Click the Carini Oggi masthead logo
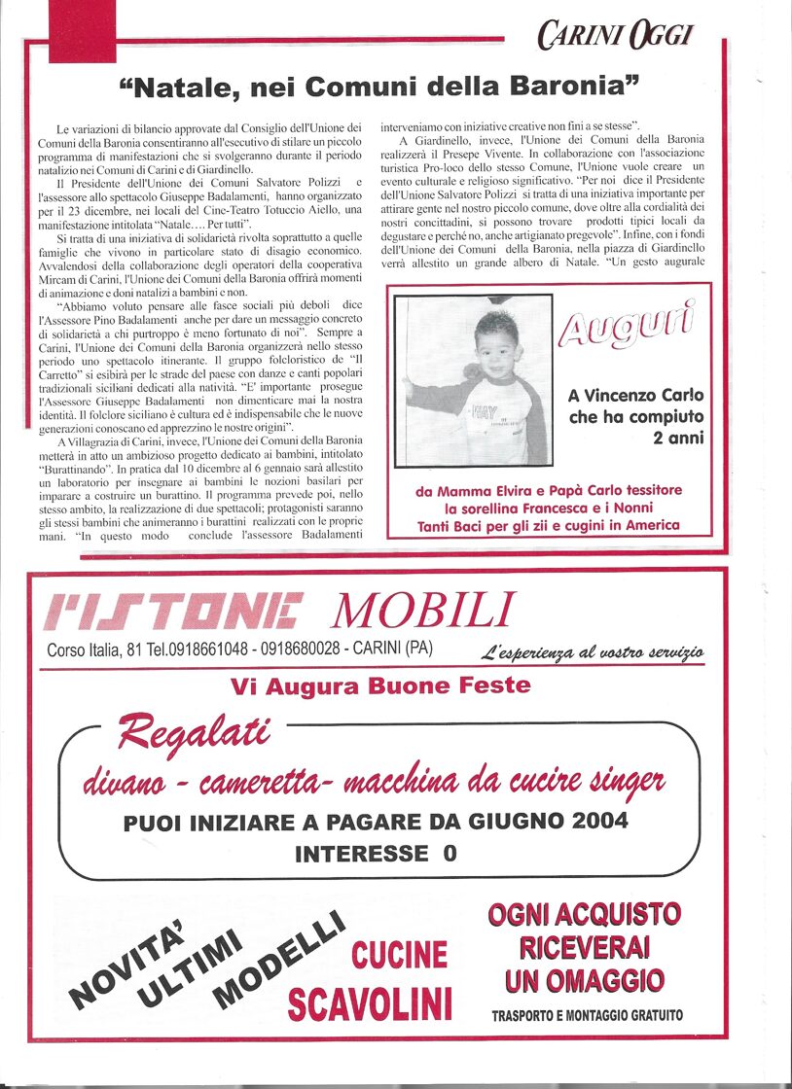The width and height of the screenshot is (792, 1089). (614, 36)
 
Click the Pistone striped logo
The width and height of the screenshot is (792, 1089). (175, 612)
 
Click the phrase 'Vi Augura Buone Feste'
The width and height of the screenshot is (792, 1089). (380, 685)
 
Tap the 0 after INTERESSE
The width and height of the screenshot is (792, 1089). (449, 854)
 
